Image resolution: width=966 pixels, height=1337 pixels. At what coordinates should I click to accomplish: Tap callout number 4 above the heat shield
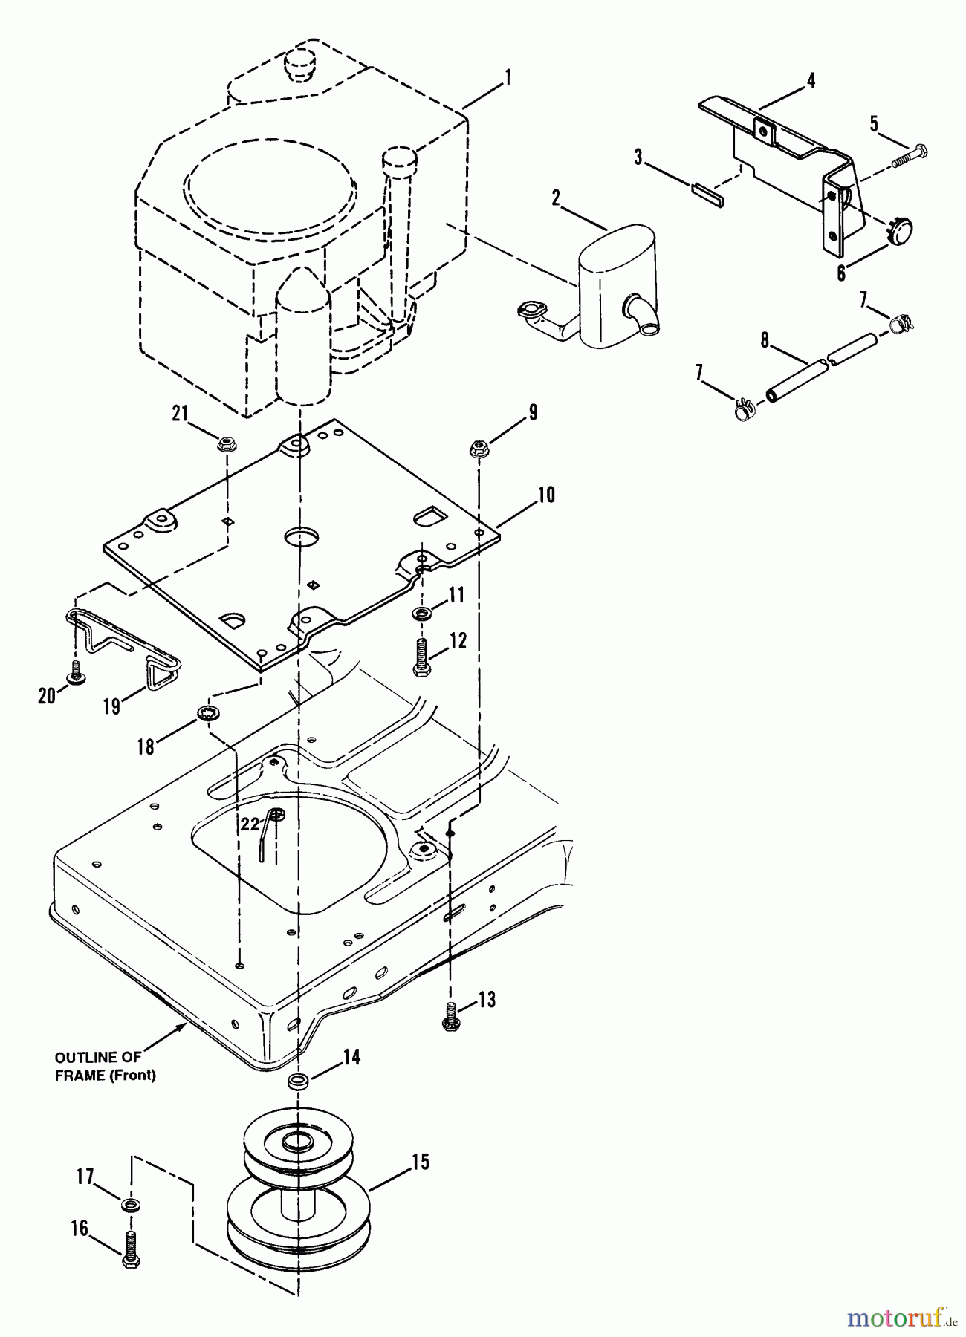[811, 80]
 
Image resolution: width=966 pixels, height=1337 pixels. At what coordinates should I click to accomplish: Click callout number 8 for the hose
[764, 341]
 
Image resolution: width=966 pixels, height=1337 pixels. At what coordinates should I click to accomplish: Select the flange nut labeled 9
[479, 449]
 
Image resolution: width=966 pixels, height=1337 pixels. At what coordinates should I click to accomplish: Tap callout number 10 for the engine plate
[546, 495]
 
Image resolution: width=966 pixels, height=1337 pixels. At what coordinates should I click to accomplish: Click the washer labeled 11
[423, 614]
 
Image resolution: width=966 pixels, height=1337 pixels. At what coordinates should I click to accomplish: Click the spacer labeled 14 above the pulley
[298, 1081]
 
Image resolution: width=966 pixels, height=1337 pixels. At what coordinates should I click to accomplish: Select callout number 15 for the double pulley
[421, 1162]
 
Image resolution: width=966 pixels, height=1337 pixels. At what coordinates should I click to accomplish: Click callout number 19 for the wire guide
[111, 706]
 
